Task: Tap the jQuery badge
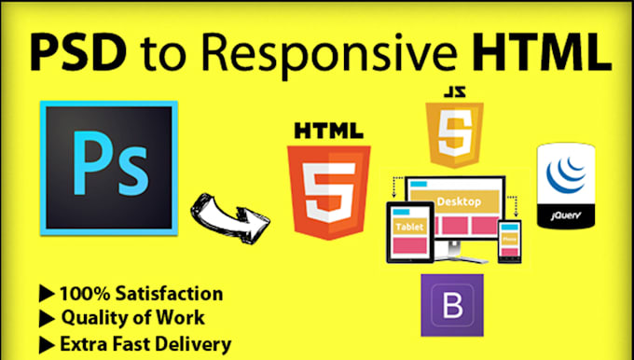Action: (x=565, y=186)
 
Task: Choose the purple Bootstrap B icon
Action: (x=450, y=305)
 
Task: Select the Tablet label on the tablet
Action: (x=410, y=228)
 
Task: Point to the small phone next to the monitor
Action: (x=509, y=240)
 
